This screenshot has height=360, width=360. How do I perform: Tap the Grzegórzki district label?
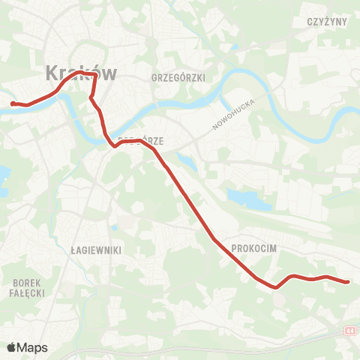click(178, 77)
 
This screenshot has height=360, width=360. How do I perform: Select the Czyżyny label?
click(327, 22)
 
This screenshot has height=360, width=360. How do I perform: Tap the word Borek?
click(26, 282)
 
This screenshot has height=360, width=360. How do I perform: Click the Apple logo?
click(11, 347)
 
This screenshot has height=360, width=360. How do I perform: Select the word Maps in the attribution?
click(32, 347)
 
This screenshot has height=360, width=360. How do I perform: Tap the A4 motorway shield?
click(349, 330)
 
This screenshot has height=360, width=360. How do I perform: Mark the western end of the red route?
click(12, 103)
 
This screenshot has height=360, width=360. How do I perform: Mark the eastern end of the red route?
click(348, 282)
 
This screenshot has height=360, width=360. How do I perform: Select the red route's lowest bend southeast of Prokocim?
click(276, 286)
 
